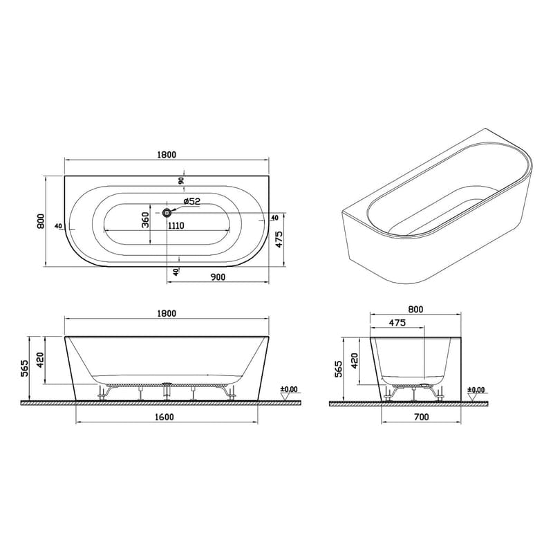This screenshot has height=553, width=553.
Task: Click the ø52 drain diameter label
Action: [x=192, y=201]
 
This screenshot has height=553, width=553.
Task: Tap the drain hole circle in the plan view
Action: [x=167, y=213]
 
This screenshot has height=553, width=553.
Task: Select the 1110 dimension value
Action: [x=176, y=225]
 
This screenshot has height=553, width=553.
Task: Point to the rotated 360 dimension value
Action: [x=145, y=220]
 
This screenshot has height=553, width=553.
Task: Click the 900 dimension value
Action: [x=218, y=277]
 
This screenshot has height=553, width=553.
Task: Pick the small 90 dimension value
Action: [x=181, y=181]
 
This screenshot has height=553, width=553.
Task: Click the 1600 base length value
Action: [x=165, y=418]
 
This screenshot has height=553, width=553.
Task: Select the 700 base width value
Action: [x=422, y=418]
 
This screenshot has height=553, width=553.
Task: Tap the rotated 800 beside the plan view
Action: [x=41, y=221]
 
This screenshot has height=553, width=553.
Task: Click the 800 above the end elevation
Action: [x=415, y=310]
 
